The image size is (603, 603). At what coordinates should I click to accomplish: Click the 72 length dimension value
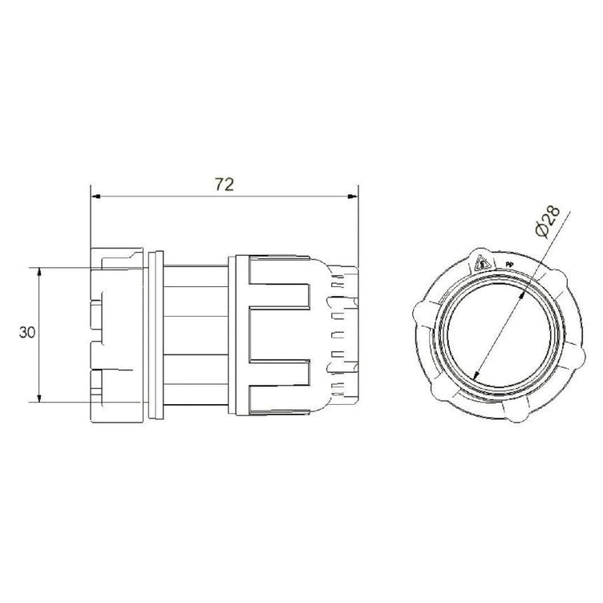tap(225, 184)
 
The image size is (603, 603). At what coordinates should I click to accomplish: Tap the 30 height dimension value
tap(27, 332)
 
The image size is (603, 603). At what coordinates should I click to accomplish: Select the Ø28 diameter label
tap(547, 221)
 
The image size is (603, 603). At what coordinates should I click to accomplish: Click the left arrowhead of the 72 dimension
tap(95, 196)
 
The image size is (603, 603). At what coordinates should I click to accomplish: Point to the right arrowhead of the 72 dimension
tap(352, 196)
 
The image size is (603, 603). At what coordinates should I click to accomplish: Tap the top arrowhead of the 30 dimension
tap(38, 273)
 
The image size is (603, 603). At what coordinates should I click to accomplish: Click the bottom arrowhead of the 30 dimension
tap(38, 398)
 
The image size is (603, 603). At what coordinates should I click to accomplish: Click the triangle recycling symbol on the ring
tap(483, 264)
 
